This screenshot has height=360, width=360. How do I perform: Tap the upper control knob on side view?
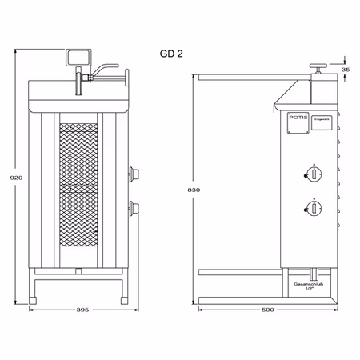coord(314,176)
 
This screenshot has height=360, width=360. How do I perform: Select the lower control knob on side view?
coord(314,210)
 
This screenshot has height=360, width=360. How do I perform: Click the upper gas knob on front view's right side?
coord(134,173)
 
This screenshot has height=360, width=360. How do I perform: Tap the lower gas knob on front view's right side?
coord(134,210)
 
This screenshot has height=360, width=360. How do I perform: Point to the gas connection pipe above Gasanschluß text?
coord(308,274)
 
